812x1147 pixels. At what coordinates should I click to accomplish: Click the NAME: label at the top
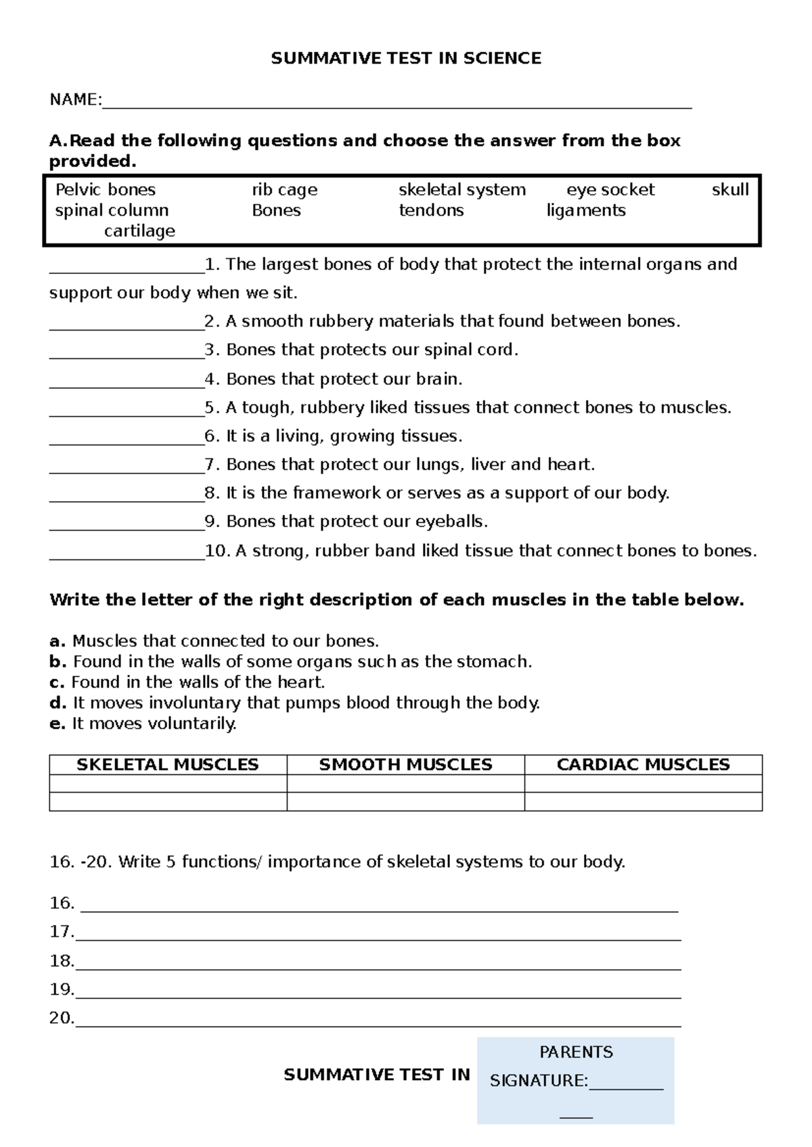[x=75, y=100]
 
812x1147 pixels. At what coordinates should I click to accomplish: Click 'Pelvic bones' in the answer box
[x=106, y=190]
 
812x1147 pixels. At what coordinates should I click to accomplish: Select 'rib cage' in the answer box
[x=284, y=190]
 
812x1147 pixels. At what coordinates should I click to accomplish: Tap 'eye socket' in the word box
[x=610, y=190]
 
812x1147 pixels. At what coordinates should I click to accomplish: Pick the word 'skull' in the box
[x=730, y=190]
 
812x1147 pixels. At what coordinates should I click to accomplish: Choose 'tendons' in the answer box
[x=431, y=210]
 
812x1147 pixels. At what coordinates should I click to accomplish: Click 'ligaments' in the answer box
[x=586, y=211]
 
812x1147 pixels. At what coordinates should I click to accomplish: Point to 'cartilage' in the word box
[x=139, y=231]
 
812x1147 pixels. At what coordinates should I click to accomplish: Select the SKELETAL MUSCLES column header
[x=168, y=765]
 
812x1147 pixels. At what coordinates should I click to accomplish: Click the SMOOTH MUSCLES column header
[x=405, y=765]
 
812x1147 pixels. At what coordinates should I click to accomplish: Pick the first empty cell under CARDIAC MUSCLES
[x=643, y=784]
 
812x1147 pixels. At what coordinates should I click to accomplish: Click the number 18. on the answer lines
[x=62, y=961]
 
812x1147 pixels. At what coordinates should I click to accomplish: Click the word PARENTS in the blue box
[x=576, y=1052]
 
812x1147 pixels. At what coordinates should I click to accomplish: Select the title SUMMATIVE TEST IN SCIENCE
[x=406, y=59]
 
